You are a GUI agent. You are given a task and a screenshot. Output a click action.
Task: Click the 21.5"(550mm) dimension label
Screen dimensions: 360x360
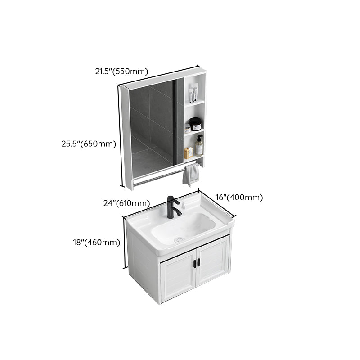[x=121, y=71]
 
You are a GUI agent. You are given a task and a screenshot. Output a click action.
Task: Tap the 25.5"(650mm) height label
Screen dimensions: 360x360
[x=89, y=144]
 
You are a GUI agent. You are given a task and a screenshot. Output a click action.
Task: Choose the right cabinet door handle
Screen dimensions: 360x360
[x=198, y=262]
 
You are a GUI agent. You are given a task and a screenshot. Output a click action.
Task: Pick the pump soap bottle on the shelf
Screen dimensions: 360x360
[x=199, y=146]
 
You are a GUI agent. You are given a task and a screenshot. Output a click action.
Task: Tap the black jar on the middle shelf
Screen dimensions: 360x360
[x=195, y=124]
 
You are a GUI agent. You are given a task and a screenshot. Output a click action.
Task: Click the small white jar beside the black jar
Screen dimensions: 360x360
[x=188, y=128]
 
